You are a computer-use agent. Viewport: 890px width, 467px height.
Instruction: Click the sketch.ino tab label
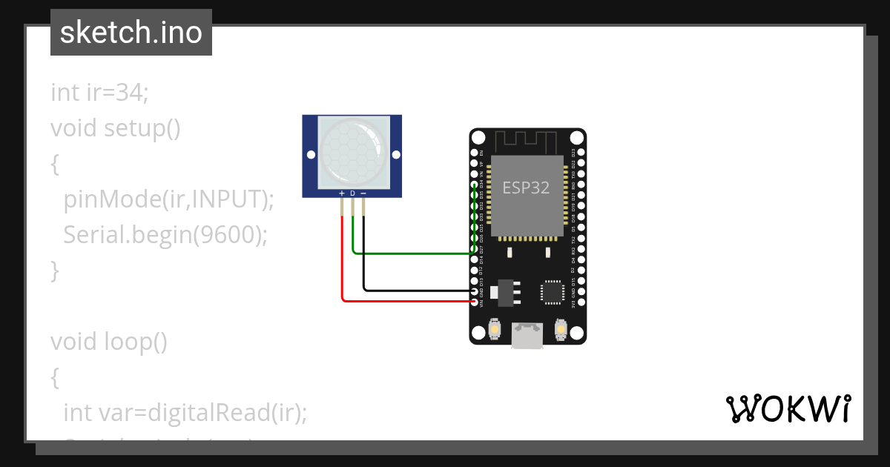(x=131, y=33)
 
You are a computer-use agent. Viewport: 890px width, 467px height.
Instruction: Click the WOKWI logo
(x=788, y=408)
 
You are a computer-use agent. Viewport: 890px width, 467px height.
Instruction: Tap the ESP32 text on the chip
(x=526, y=188)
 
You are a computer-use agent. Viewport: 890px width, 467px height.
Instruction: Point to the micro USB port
(x=527, y=335)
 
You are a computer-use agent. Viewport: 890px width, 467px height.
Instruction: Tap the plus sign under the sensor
(x=342, y=193)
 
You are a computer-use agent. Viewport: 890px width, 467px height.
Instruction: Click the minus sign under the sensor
(x=363, y=193)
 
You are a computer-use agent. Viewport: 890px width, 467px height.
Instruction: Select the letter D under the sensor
(x=352, y=193)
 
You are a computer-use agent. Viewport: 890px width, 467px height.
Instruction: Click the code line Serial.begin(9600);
(x=165, y=235)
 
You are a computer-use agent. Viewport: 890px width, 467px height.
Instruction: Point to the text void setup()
(x=116, y=128)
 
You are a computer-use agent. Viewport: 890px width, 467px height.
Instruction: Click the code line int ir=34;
(x=100, y=93)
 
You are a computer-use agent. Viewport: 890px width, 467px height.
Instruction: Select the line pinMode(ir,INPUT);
(x=169, y=199)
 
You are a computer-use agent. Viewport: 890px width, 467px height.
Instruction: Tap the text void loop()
(x=109, y=342)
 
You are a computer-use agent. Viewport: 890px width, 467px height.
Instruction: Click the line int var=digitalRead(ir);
(x=185, y=413)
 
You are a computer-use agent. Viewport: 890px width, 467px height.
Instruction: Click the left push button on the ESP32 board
(x=495, y=329)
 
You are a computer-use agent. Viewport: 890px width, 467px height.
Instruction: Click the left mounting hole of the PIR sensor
(x=311, y=156)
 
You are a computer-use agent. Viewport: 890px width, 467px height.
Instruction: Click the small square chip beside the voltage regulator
(x=553, y=291)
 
